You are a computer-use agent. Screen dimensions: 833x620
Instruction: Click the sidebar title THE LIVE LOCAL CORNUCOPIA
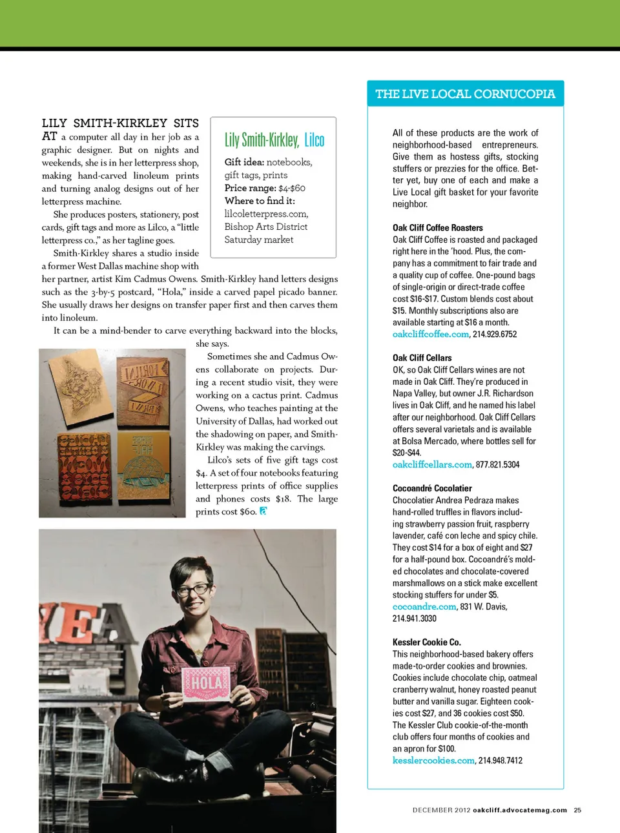(x=465, y=94)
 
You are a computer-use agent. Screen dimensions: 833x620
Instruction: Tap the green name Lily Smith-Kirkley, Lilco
(x=274, y=139)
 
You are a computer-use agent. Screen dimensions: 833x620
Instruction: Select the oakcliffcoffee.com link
(x=431, y=334)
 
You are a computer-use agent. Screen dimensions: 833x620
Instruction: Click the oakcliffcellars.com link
(x=432, y=465)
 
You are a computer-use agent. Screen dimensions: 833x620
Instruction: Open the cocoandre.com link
(x=424, y=607)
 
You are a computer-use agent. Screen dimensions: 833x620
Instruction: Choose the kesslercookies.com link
(x=433, y=761)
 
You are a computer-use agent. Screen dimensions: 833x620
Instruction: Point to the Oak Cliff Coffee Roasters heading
(x=437, y=228)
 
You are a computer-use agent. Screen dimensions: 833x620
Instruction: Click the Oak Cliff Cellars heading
(x=422, y=358)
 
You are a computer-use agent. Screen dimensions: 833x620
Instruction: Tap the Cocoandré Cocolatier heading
(x=432, y=488)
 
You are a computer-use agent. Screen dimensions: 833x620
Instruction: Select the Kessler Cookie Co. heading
(x=426, y=642)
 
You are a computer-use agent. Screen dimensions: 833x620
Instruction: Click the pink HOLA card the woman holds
(x=206, y=684)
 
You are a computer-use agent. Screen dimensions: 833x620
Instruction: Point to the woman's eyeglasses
(x=192, y=589)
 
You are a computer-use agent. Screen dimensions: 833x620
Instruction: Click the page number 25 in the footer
(x=577, y=810)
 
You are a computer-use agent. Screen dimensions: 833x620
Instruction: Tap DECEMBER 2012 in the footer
(x=441, y=810)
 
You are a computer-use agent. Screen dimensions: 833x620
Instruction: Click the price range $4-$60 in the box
(x=292, y=189)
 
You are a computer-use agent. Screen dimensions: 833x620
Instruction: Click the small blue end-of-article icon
(x=263, y=511)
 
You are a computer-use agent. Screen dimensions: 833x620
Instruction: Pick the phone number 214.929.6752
(x=495, y=334)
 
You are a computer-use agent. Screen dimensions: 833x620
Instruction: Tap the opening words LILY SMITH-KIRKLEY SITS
(x=120, y=123)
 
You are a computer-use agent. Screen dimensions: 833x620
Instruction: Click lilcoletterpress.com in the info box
(x=266, y=214)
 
